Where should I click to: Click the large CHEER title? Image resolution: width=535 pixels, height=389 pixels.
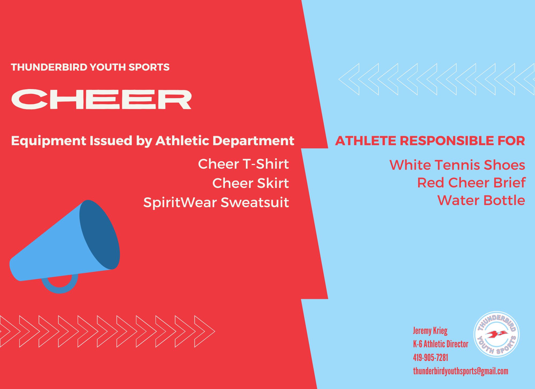[x=101, y=99]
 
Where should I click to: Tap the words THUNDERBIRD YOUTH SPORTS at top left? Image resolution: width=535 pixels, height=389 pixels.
[x=90, y=67]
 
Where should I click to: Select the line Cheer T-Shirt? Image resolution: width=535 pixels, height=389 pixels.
[x=243, y=164]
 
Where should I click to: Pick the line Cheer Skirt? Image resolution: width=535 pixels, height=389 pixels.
[x=251, y=183]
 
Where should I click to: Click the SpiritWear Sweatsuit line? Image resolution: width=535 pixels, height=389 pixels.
[x=216, y=202]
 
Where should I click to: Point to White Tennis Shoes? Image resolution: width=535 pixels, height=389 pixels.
[x=457, y=165]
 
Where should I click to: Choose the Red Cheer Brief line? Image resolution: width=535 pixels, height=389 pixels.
[x=471, y=183]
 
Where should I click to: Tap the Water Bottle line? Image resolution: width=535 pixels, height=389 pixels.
[x=481, y=200]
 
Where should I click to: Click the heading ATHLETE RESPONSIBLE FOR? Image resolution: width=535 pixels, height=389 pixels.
[x=430, y=141]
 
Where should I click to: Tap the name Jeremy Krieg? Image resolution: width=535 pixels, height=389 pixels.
[x=430, y=331]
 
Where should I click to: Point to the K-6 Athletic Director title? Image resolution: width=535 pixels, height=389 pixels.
[x=441, y=344]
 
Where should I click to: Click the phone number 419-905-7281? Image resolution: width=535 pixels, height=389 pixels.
[x=430, y=357]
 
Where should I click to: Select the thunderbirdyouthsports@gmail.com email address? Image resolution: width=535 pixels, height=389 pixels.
[x=460, y=371]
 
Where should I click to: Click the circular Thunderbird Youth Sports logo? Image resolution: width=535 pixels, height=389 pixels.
[x=497, y=334]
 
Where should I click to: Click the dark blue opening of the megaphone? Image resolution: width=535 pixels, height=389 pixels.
[x=100, y=235]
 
